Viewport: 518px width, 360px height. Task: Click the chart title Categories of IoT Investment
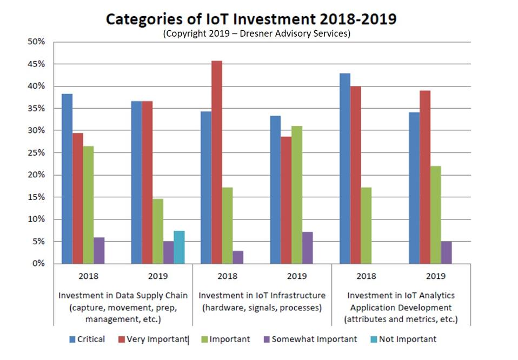251,19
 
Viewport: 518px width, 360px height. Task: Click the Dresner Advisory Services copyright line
257,34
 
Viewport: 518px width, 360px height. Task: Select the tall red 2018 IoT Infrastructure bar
216,162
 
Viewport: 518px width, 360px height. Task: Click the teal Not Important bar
180,248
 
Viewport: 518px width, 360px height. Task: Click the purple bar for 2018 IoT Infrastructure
238,257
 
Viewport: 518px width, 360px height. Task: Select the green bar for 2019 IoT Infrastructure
296,195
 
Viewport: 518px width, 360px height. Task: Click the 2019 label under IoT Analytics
435,276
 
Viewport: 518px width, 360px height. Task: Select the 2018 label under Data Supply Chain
88,276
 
